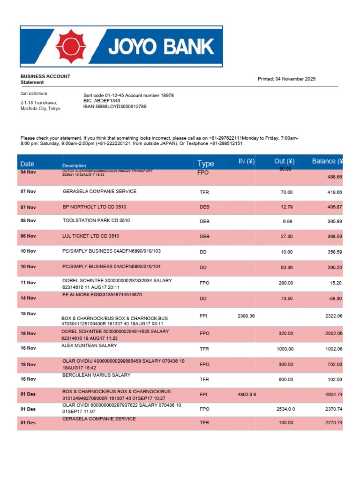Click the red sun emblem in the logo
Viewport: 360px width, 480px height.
pos(71,46)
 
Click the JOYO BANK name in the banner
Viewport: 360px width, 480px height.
pos(161,47)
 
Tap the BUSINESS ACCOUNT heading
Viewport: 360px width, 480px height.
pos(45,76)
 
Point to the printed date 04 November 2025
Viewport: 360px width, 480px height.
pos(286,79)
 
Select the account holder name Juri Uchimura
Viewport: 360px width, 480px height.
pos(34,94)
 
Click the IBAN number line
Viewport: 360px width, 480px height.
pos(115,106)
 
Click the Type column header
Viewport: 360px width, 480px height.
pos(205,164)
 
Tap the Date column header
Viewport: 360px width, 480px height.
pos(27,164)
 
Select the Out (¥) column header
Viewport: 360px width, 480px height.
pos(284,162)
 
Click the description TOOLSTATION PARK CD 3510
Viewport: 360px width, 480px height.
pos(96,220)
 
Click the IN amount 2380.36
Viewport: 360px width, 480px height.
pos(246,316)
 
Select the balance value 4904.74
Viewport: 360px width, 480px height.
pos(334,395)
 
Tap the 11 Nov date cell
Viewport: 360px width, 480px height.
pos(28,283)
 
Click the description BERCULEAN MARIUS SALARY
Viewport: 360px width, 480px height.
pos(96,375)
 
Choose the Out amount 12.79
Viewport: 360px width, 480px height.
pos(286,207)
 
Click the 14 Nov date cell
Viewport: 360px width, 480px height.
pos(28,298)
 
